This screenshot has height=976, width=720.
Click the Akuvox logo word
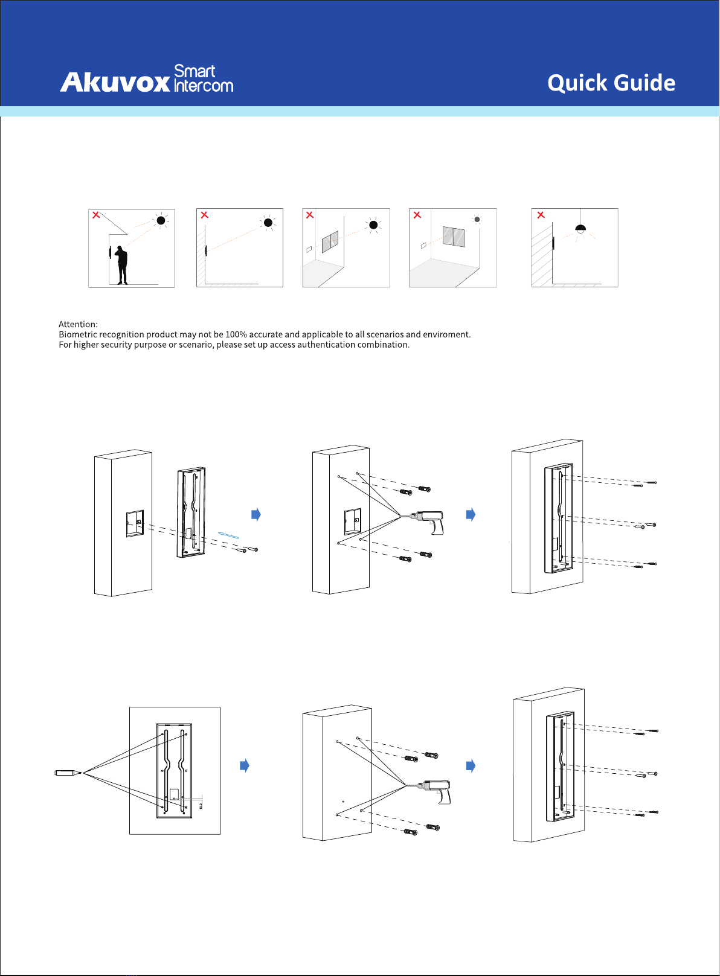click(x=115, y=82)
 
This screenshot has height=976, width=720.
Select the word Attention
click(x=78, y=324)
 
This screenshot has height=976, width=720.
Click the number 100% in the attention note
click(x=236, y=334)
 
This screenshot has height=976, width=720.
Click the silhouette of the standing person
click(x=121, y=264)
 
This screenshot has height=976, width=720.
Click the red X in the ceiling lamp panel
click(x=541, y=215)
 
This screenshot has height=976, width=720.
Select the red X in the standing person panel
click(x=96, y=215)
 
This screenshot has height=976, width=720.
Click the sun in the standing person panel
click(x=161, y=220)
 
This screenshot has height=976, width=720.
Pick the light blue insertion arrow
click(x=228, y=535)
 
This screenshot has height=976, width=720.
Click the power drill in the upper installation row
click(x=428, y=521)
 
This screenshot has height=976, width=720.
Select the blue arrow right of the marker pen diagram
click(x=245, y=765)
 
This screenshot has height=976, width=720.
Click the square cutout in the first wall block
click(x=135, y=523)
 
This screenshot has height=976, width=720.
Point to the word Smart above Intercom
click(x=194, y=71)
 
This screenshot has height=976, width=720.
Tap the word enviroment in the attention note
click(x=446, y=334)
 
